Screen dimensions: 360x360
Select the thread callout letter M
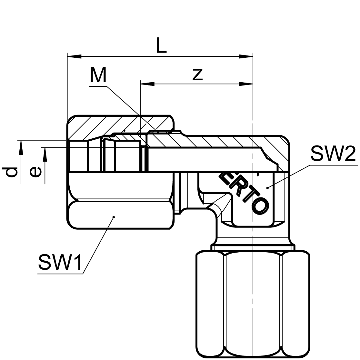(98, 75)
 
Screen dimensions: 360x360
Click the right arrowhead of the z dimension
(246, 84)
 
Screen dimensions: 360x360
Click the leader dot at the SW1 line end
(114, 217)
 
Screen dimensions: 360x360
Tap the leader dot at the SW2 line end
(267, 187)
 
